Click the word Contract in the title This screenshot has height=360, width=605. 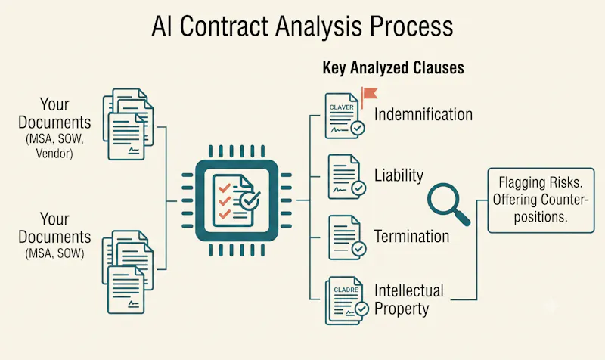[x=224, y=26]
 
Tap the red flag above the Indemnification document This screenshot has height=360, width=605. [x=369, y=95]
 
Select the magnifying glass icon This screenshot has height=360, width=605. [x=448, y=203]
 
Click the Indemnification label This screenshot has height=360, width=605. [x=423, y=115]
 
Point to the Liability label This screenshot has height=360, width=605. [x=399, y=176]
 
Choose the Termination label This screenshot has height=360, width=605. [x=411, y=236]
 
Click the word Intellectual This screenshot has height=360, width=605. [x=409, y=291]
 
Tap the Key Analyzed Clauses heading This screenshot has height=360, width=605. [x=393, y=67]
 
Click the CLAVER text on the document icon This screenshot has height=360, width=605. [x=342, y=107]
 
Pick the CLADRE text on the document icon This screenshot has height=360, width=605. [x=346, y=290]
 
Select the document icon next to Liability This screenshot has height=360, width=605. [x=346, y=177]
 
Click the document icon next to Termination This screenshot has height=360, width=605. [x=347, y=237]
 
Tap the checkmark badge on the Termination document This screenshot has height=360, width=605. [x=358, y=249]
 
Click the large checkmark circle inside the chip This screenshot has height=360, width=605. [x=250, y=200]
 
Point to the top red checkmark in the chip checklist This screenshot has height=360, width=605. [x=225, y=188]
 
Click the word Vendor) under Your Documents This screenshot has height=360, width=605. [x=54, y=154]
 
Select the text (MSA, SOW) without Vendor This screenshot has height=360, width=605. [x=54, y=253]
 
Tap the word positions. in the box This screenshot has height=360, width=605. [x=541, y=217]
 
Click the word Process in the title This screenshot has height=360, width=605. [x=411, y=26]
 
